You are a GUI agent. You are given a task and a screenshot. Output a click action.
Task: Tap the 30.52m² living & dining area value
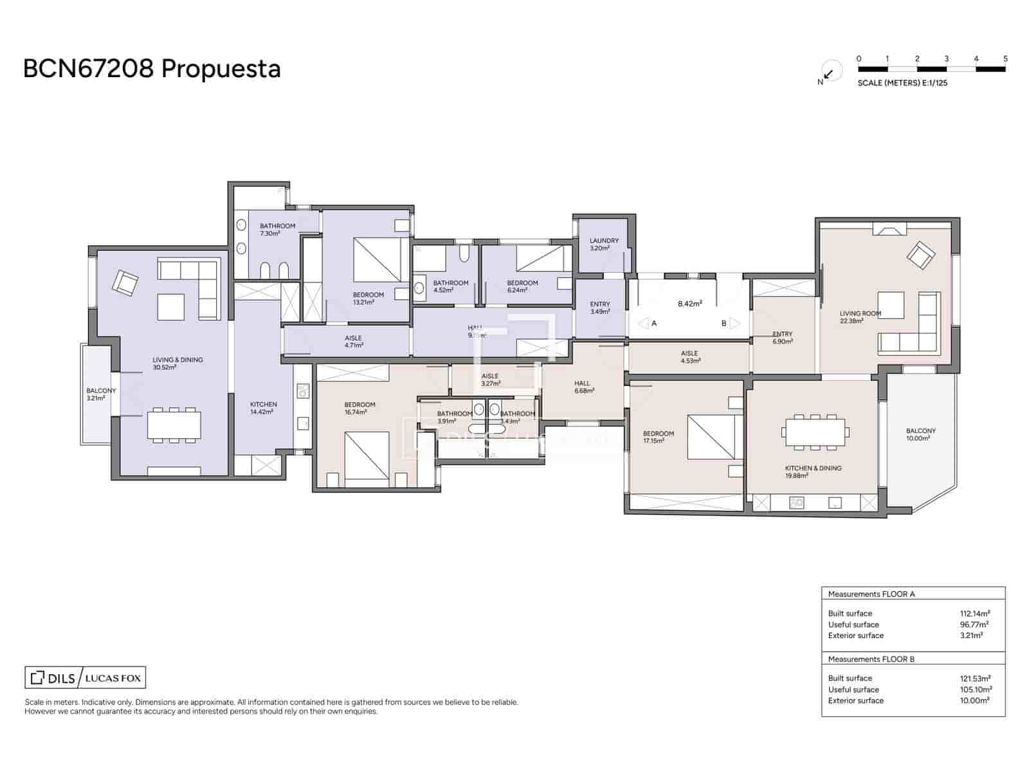(165, 368)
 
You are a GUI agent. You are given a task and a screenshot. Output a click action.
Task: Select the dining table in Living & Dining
(174, 425)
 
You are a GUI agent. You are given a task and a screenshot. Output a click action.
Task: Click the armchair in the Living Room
(921, 255)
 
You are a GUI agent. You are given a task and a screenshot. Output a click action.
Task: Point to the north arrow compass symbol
(829, 73)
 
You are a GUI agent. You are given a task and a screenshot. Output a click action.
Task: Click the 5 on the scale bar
(1005, 59)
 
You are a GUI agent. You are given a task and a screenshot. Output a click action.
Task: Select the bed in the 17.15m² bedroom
(711, 437)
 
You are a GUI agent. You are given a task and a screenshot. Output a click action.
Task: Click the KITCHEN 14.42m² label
(263, 408)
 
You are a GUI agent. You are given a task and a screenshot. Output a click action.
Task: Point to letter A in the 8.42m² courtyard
(654, 324)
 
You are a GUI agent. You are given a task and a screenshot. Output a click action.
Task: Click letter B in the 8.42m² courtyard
(724, 324)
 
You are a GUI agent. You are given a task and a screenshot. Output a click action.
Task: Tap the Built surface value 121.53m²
(974, 678)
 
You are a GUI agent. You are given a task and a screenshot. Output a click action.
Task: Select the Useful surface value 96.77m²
(974, 624)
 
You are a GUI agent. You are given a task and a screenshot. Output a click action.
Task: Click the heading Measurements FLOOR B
(871, 659)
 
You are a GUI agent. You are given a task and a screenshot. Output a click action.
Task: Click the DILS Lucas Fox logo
(85, 677)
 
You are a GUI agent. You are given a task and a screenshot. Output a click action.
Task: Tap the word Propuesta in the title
(221, 68)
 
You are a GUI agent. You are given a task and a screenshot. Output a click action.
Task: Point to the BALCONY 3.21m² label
(101, 394)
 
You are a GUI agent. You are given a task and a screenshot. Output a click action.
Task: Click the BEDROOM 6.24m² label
(522, 286)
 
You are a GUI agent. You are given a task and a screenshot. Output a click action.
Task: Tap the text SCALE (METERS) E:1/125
(902, 83)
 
